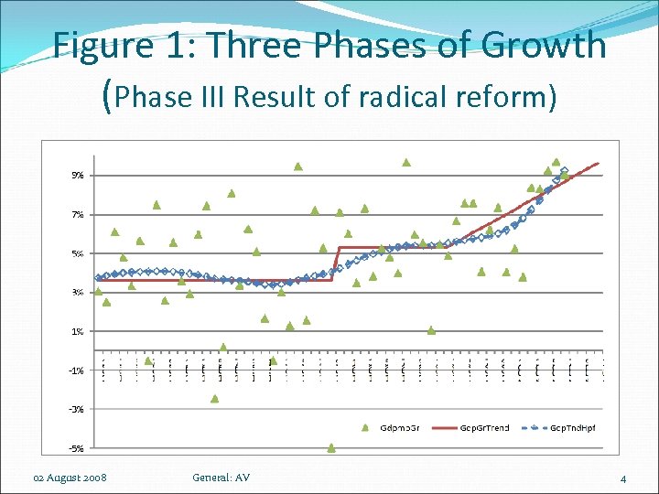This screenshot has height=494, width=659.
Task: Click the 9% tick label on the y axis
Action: (78, 175)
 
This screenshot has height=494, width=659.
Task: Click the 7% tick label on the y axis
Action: (78, 214)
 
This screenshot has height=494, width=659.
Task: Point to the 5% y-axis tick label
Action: (78, 253)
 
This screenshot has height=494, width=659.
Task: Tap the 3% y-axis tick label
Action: (78, 293)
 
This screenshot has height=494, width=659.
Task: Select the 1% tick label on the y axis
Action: (78, 331)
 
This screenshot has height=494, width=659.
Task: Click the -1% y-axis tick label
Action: (77, 370)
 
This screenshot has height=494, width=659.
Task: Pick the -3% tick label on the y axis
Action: (77, 409)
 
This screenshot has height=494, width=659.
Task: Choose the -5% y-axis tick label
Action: (77, 448)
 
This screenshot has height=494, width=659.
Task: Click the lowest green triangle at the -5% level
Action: (331, 448)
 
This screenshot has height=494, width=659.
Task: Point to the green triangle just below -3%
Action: (215, 398)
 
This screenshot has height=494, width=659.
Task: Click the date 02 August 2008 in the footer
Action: (70, 478)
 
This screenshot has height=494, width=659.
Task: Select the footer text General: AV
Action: (221, 478)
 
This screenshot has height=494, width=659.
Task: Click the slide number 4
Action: (622, 478)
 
